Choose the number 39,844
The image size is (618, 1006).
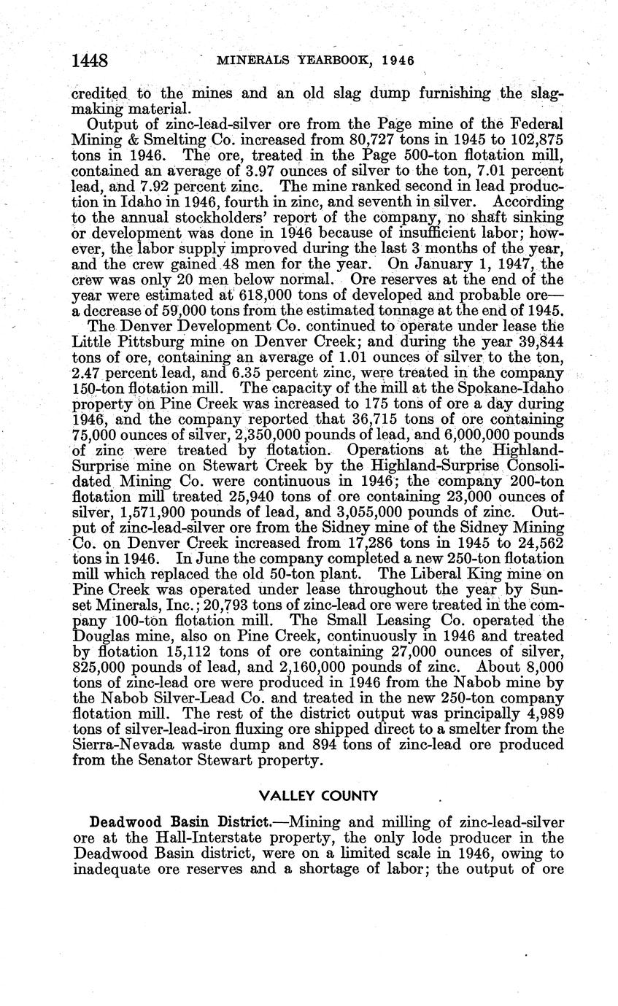tap(534, 341)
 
